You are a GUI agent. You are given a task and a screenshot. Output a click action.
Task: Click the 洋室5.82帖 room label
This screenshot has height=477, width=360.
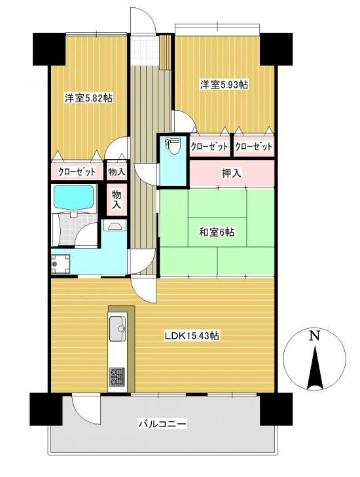point(87,98)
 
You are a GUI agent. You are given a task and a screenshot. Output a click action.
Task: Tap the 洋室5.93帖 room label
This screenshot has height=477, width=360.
point(224,85)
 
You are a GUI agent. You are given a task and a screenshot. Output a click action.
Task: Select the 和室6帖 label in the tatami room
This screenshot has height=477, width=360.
point(217,232)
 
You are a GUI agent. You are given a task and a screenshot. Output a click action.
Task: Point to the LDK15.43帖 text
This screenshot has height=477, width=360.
point(191,335)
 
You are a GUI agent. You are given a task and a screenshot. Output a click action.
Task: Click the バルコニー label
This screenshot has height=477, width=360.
point(162,424)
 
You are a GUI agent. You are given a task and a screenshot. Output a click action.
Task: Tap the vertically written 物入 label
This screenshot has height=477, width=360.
point(116,199)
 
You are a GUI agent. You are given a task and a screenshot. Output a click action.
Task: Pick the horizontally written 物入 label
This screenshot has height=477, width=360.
point(117,172)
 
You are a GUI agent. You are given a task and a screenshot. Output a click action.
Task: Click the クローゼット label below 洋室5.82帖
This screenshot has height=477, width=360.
point(77,172)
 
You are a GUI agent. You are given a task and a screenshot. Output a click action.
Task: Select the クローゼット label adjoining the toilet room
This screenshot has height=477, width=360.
point(209,147)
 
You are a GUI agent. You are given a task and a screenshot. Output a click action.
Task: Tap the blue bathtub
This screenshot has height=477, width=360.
point(73,197)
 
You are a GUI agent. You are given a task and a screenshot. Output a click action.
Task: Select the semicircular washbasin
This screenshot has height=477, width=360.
point(115,227)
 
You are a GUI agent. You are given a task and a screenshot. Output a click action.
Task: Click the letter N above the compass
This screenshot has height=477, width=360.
point(315,335)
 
